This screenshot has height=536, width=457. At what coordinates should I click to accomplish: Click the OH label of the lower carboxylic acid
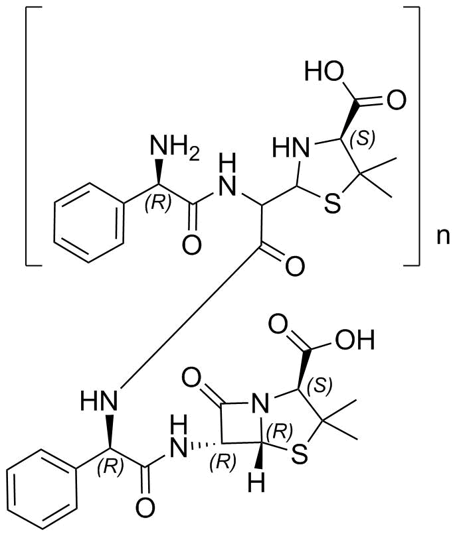(x=355, y=340)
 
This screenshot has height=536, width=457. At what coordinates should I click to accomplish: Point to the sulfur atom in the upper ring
(x=332, y=204)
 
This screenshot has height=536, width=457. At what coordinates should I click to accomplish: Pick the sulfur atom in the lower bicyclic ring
(x=299, y=453)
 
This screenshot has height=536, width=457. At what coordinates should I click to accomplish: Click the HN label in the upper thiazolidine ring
(x=291, y=148)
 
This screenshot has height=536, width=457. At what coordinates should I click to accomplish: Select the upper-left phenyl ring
(x=88, y=223)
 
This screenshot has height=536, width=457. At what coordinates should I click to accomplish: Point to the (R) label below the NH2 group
(x=158, y=204)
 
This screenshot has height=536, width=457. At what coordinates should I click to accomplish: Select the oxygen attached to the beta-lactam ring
(x=191, y=377)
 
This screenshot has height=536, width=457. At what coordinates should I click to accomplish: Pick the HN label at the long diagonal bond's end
(x=99, y=400)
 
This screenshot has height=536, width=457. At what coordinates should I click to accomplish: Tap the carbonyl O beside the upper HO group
(x=397, y=100)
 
